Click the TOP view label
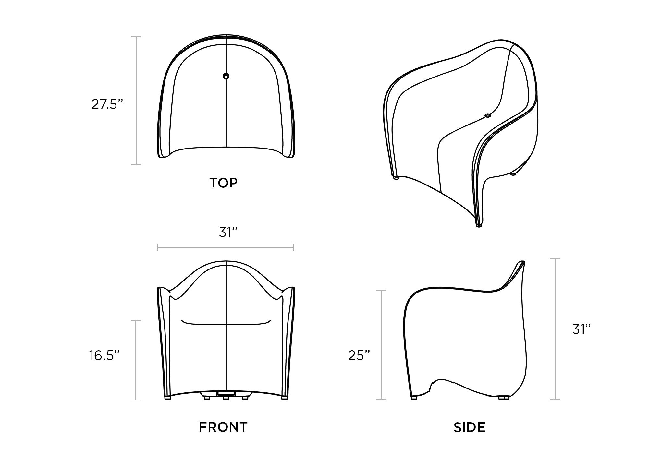[x=224, y=183]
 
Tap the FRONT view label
[x=223, y=427]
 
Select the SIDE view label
[x=470, y=428]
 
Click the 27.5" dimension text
[x=107, y=104]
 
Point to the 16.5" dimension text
[x=105, y=355]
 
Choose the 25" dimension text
[x=359, y=355]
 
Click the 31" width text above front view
[x=228, y=232]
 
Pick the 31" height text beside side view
[x=581, y=329]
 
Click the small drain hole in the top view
[x=226, y=76]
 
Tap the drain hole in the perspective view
[x=488, y=115]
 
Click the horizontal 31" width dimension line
[x=226, y=248]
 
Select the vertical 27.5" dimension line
[x=136, y=101]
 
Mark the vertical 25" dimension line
[x=381, y=345]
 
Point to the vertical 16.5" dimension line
[x=136, y=360]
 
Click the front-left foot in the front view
[x=167, y=397]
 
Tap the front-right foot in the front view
[x=284, y=397]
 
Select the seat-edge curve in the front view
[x=226, y=323]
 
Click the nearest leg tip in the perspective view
[x=479, y=225]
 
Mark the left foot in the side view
[x=414, y=397]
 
